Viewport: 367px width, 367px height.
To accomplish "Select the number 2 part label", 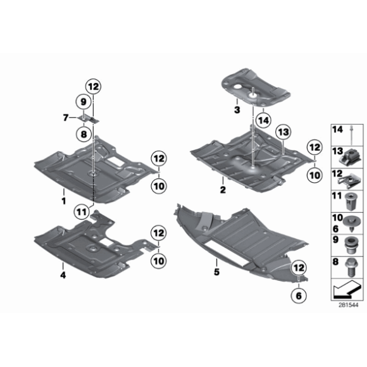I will pos(223,189).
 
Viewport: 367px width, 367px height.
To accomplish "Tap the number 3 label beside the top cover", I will pos(236,109).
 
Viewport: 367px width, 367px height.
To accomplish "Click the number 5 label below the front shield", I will pos(216,273).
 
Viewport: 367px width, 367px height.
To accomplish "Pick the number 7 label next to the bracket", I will pos(66,117).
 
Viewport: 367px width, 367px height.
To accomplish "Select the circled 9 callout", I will pos(83,101).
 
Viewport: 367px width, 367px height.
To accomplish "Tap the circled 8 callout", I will pos(83,134).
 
